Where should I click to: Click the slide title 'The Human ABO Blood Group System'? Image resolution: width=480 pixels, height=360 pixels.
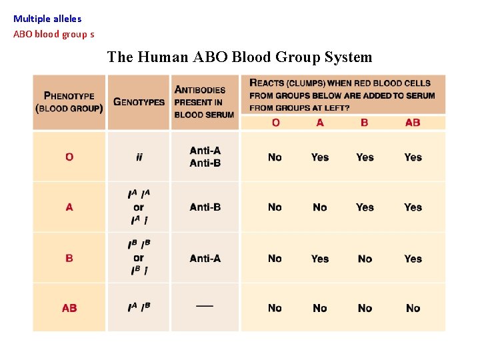pos(239,57)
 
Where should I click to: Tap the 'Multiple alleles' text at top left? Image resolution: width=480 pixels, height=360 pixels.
pos(47,19)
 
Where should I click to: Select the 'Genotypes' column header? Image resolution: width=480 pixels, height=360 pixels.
pos(139,102)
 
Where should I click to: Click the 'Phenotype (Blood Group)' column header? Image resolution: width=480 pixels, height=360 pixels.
pos(69,102)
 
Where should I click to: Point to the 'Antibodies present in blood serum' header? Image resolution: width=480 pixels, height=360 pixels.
pos(204,102)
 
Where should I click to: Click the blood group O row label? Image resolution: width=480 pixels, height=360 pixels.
pos(69,157)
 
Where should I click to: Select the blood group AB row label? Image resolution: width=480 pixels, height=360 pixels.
pos(69,308)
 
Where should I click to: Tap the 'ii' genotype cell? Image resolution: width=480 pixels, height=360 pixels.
pos(139,157)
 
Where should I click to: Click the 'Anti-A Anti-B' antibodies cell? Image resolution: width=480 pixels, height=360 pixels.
pos(205,157)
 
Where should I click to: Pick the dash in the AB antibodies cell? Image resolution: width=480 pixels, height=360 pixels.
pos(205,306)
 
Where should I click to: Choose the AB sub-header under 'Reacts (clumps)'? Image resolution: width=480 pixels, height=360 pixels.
pos(413,123)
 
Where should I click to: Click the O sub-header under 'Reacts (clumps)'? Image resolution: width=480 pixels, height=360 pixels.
pos(275,123)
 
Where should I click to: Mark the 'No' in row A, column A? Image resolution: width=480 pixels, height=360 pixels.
pos(320,207)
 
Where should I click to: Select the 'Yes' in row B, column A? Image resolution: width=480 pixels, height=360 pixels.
pos(320,259)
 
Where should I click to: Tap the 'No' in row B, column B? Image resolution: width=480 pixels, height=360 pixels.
pos(365,259)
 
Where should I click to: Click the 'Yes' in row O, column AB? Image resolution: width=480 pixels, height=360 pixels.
pos(413,157)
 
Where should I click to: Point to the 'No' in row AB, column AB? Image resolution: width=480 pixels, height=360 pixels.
pos(413,308)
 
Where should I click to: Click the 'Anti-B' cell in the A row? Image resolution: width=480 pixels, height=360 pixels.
pos(205,207)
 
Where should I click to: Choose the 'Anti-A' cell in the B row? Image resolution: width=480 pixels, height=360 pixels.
pos(205,259)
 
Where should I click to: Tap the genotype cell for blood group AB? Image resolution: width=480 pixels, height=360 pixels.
pos(139,308)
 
